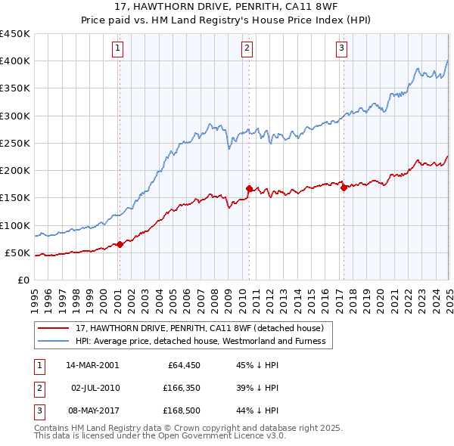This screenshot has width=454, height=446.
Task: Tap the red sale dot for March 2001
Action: coord(120,244)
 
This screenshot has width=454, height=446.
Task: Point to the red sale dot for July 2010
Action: coord(248,188)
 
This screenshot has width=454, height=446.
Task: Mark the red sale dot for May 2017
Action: coord(343,188)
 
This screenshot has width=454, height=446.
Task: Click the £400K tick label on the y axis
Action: coord(15,61)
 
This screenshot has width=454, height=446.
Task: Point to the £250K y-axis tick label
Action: coord(15,143)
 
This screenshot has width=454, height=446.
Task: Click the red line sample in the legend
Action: coord(54,328)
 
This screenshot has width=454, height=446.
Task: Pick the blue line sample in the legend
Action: coord(54,341)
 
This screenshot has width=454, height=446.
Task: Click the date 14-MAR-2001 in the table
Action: coord(92,364)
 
